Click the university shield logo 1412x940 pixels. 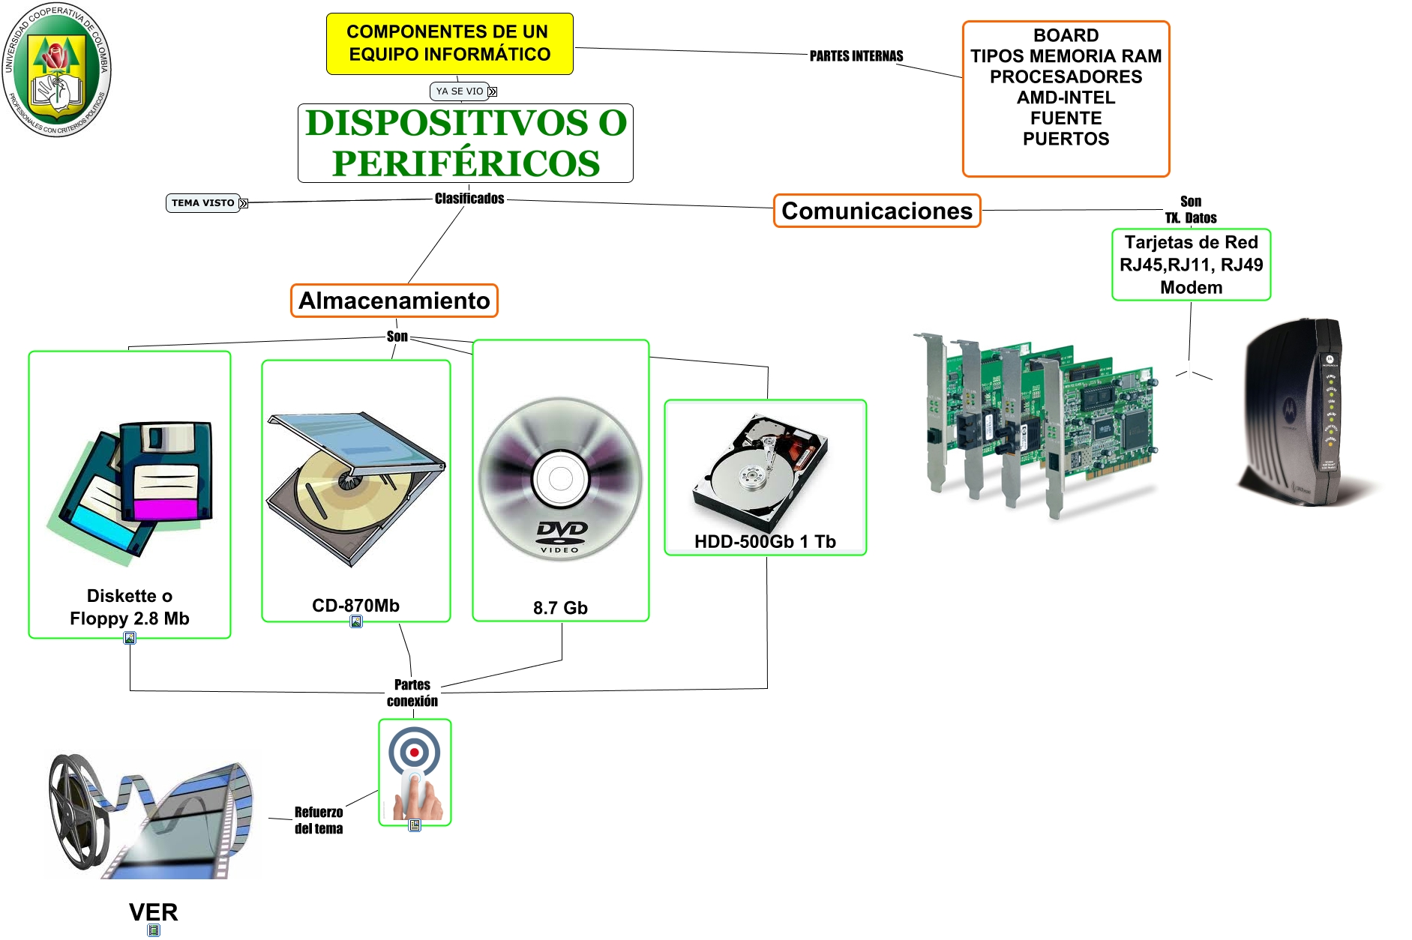click(56, 70)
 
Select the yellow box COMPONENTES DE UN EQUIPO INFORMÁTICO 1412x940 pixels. click(449, 43)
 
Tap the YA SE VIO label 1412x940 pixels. click(459, 91)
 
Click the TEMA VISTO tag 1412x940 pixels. click(202, 203)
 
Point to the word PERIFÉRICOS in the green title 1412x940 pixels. click(466, 163)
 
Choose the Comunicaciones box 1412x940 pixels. click(877, 211)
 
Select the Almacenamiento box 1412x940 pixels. click(394, 301)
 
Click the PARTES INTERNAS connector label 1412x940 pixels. click(856, 56)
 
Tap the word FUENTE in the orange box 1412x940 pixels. click(1066, 118)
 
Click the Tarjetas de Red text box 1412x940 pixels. click(1191, 265)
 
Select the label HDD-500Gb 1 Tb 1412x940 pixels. click(765, 542)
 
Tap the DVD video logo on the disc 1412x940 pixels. click(561, 534)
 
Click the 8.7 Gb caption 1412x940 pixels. click(560, 608)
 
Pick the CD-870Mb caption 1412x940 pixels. click(355, 606)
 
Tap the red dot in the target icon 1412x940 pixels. click(414, 752)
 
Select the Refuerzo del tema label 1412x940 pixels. click(318, 820)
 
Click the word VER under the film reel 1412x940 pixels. click(153, 912)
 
